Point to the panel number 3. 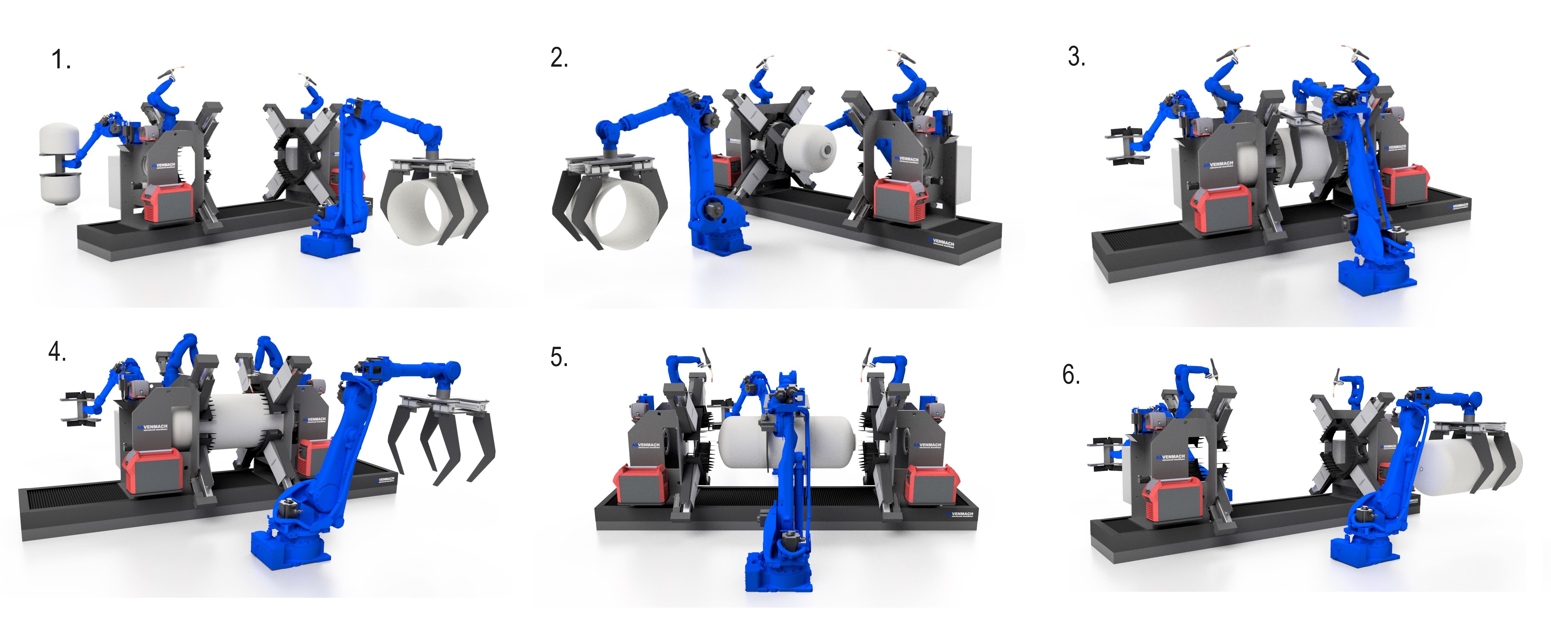coord(1076,57)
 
